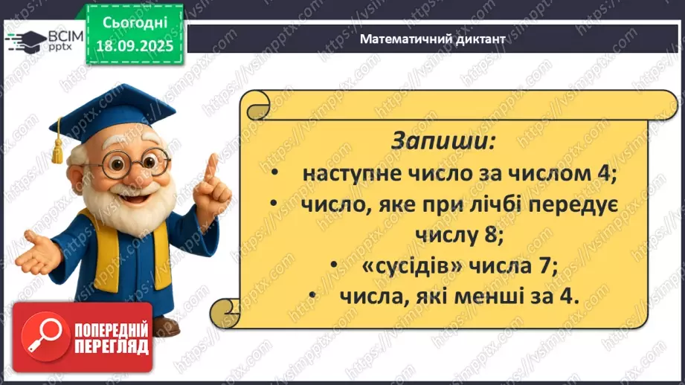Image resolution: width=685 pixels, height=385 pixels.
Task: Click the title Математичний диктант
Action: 432,39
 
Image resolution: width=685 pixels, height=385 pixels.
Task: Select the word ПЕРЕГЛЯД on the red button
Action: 111,346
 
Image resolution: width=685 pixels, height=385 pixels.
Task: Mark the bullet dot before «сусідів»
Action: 336,265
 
